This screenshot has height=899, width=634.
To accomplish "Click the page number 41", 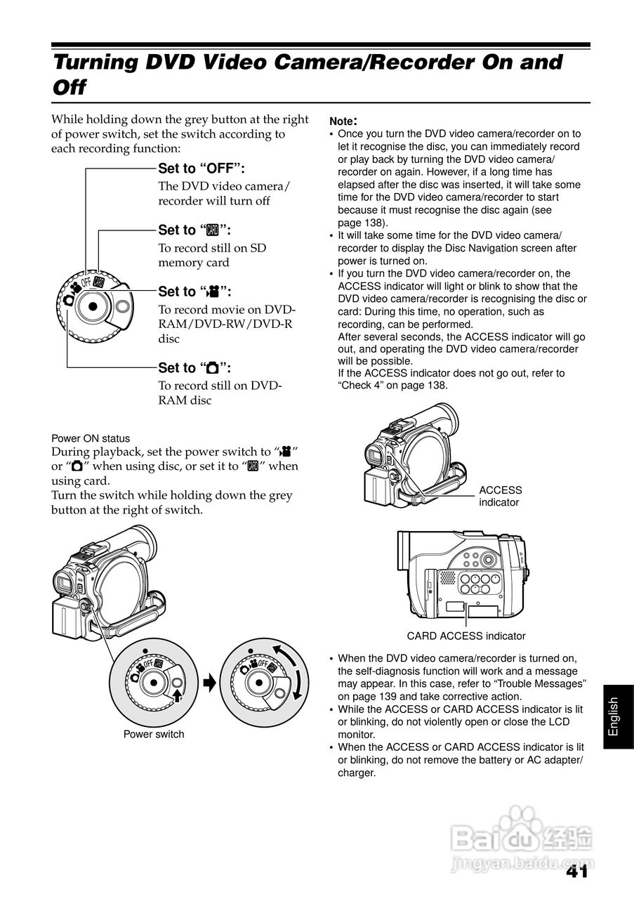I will click(x=575, y=872).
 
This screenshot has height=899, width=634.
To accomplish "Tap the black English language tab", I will click(x=613, y=716).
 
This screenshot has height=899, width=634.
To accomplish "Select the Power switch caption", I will click(x=154, y=735).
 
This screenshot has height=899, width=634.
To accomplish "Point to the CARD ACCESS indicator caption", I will click(x=466, y=636).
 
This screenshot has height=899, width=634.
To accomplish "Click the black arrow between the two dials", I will click(x=209, y=682).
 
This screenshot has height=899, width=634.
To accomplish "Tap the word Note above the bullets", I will click(x=343, y=120).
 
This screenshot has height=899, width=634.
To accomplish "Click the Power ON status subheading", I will click(x=91, y=438).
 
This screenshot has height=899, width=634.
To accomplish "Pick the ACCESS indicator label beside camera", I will click(x=500, y=496).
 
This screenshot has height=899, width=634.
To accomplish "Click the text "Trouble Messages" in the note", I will click(x=540, y=683).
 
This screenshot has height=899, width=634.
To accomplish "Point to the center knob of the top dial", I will click(x=91, y=306).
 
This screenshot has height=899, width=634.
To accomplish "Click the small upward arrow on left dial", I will click(x=178, y=695).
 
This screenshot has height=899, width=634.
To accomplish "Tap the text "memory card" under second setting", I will click(x=194, y=263).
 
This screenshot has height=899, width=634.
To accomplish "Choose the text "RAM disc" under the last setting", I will click(x=185, y=400).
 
